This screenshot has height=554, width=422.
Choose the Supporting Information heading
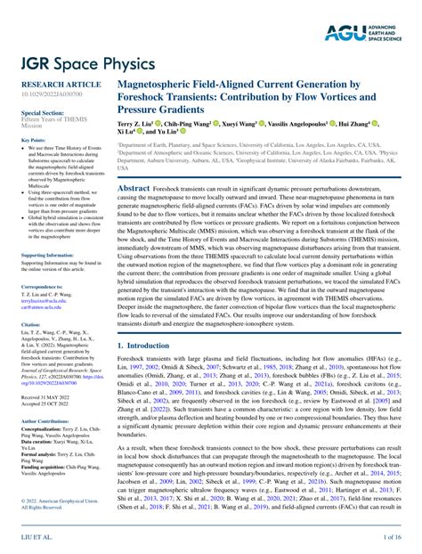tap(53, 256)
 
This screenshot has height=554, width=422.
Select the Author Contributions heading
tap(51, 420)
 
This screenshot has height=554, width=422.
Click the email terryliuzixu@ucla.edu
tap(46, 301)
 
